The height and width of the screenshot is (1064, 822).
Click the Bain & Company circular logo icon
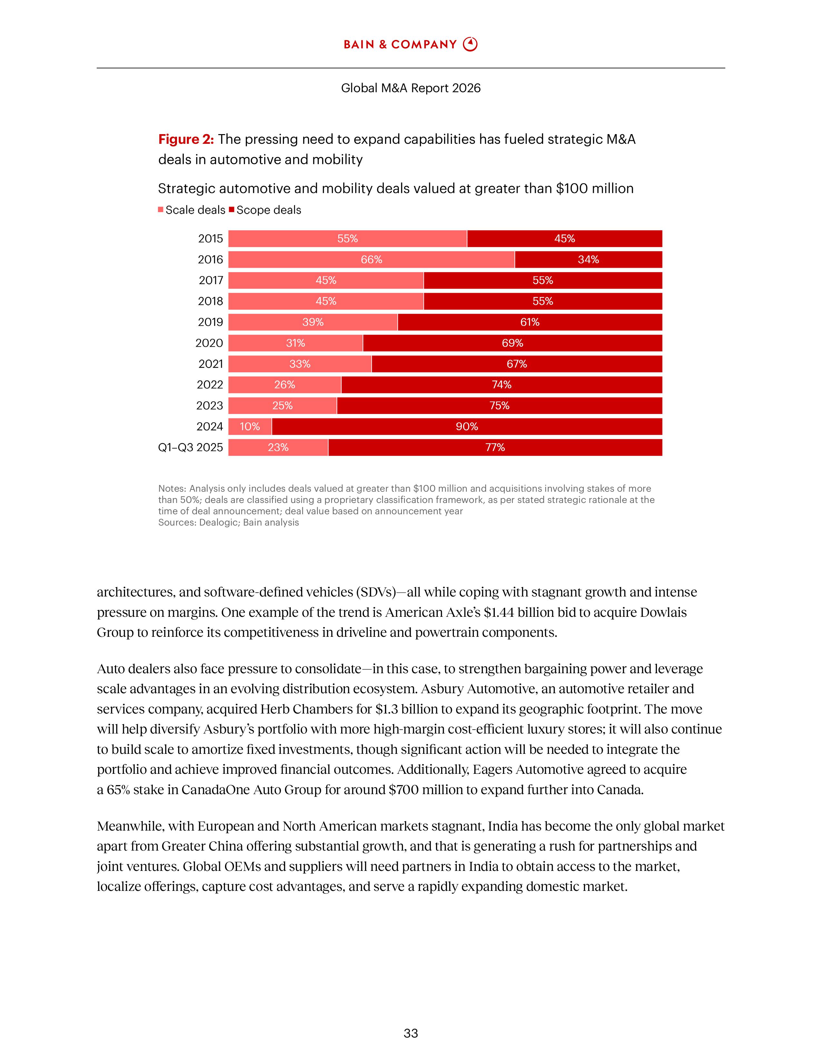(x=470, y=44)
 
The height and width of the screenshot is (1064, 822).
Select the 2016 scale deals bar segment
(x=371, y=260)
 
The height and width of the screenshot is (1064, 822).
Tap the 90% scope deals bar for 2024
(x=466, y=427)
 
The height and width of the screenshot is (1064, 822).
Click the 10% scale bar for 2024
(x=250, y=427)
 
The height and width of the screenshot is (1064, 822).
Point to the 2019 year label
(x=210, y=322)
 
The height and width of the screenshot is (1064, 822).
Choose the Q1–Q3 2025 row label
(x=191, y=447)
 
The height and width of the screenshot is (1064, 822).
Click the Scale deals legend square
(x=161, y=210)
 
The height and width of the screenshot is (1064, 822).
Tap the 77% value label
(x=495, y=447)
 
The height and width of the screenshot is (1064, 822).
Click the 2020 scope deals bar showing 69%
(x=512, y=343)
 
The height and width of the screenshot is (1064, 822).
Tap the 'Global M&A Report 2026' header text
(x=410, y=88)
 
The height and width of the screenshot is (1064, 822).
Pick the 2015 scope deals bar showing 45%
(x=564, y=239)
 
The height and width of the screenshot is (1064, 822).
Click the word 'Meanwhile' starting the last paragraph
(x=129, y=827)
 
